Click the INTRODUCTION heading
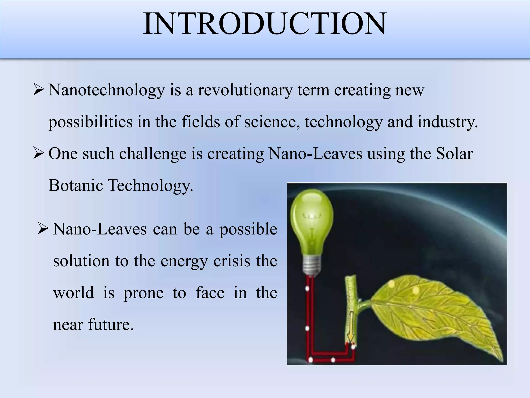[x=264, y=24]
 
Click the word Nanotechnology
[x=107, y=90]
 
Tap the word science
[x=272, y=122]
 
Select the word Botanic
[x=76, y=185]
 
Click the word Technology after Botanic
[x=150, y=185]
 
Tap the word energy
[x=184, y=261]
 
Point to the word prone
[x=143, y=293]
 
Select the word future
[x=111, y=324]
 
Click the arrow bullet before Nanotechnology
[x=39, y=91]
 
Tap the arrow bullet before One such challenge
[x=39, y=154]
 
